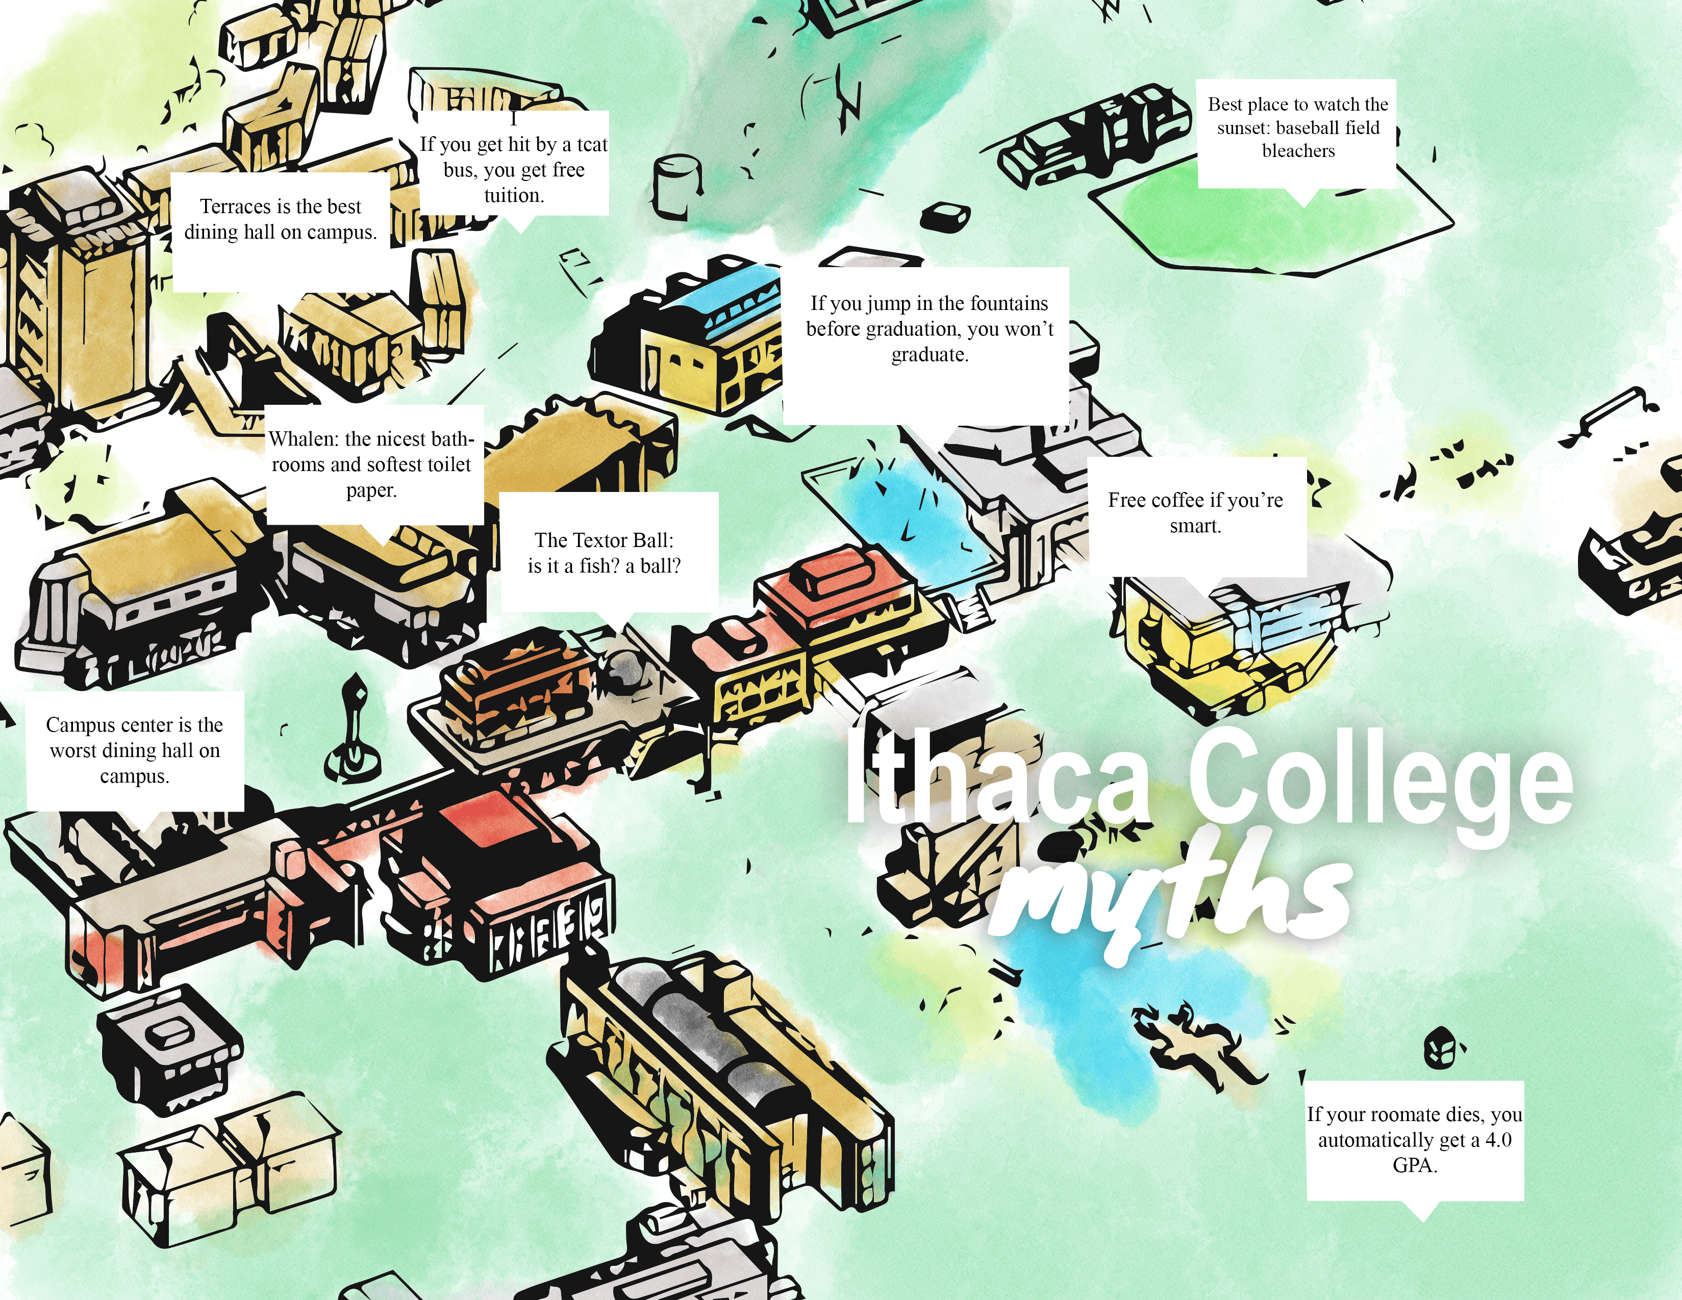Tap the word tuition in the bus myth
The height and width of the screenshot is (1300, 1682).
(x=514, y=195)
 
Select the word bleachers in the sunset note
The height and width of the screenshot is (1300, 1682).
(x=1298, y=151)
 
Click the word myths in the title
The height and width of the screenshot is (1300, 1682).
(x=1171, y=893)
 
